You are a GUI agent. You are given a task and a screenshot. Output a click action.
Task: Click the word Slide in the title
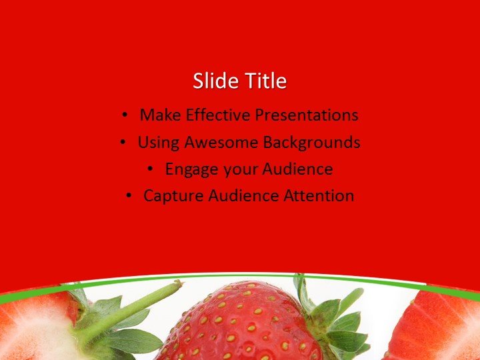tap(214, 81)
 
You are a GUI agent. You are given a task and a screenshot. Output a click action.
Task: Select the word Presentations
tap(306, 115)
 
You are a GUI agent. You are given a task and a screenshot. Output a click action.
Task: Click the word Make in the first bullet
tap(160, 115)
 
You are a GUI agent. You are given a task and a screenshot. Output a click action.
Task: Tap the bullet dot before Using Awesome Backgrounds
tap(123, 143)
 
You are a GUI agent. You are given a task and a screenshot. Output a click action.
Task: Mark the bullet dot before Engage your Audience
tap(151, 169)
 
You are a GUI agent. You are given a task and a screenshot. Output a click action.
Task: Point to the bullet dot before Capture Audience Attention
tap(129, 196)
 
